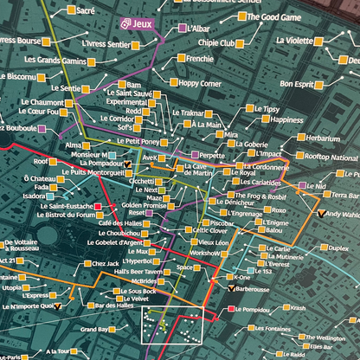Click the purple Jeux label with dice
click(135, 25)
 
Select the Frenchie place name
click(200, 58)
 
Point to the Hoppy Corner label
click(201, 83)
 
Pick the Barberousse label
click(258, 289)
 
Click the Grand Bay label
click(94, 330)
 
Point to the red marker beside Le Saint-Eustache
click(97, 206)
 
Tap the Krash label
click(298, 309)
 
